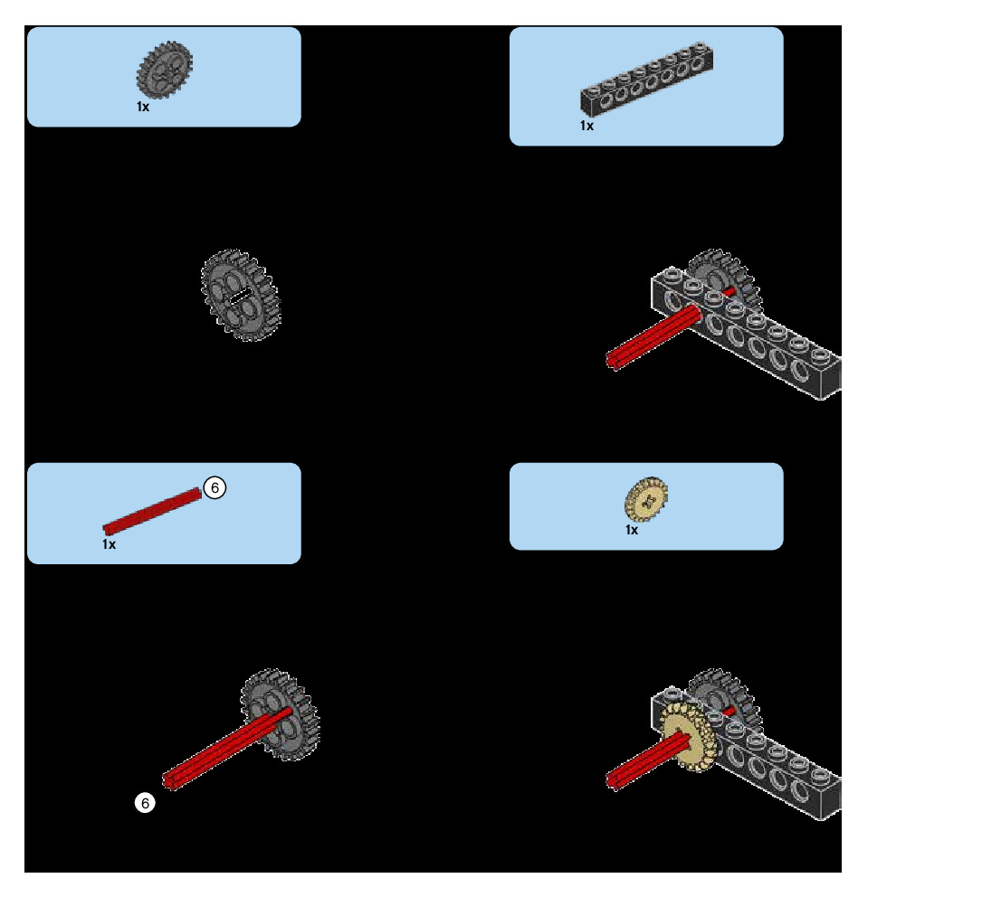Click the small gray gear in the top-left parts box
[x=165, y=70]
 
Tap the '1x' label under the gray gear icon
[x=143, y=107]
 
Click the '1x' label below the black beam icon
[x=587, y=126]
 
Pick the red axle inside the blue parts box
[x=152, y=511]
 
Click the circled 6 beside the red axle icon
[x=214, y=487]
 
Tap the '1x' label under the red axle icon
[x=109, y=544]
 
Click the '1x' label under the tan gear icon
[x=632, y=530]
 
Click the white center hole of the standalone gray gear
[x=239, y=295]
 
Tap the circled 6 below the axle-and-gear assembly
[x=145, y=802]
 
